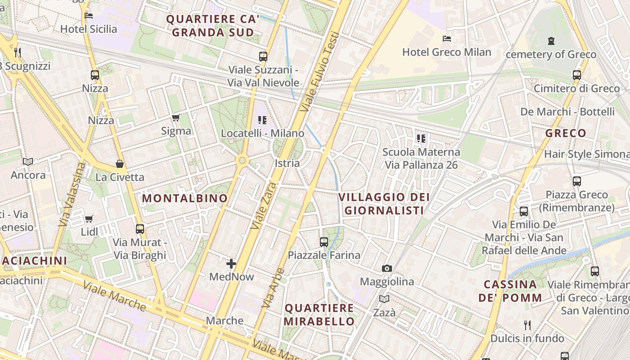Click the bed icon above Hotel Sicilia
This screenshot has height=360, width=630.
[89, 16]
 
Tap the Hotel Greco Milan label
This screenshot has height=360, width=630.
[446, 52]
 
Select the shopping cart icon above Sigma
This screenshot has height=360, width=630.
[175, 118]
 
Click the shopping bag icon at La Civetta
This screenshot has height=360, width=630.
[120, 164]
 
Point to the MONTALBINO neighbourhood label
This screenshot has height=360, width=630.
[185, 198]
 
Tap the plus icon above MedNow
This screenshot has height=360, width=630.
[231, 264]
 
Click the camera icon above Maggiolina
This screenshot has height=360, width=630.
[387, 269]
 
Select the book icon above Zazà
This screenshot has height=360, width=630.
[384, 299]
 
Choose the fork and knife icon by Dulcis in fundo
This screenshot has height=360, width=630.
[527, 325]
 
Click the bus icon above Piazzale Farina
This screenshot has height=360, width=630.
[324, 242]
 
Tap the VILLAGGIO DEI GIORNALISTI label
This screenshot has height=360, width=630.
[384, 204]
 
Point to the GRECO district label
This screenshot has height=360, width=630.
[566, 133]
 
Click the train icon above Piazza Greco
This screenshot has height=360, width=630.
[577, 181]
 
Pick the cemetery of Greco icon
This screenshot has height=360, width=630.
[551, 41]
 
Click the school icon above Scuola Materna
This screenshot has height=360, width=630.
[421, 138]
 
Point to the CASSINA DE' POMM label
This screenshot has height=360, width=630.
[510, 291]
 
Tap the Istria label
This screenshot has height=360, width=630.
[287, 163]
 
